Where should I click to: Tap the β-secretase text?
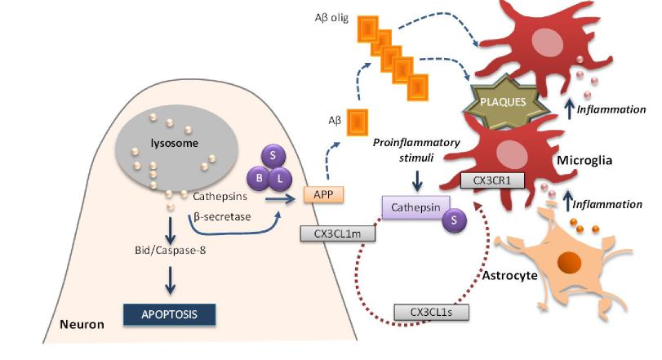point(221,217)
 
